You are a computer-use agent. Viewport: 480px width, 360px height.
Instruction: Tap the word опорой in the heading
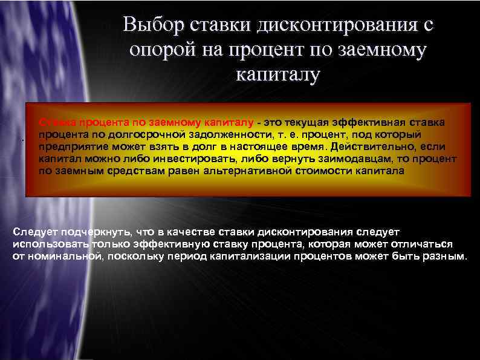click(161, 51)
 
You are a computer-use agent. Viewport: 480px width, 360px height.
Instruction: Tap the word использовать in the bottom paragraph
click(50, 244)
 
